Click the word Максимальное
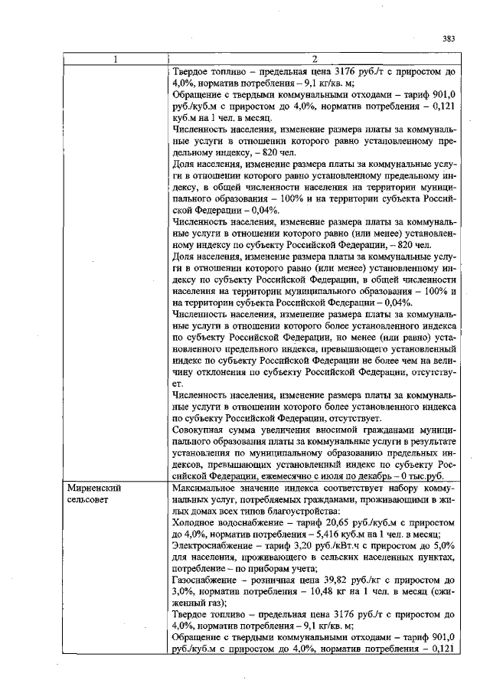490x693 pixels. [x=207, y=487]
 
